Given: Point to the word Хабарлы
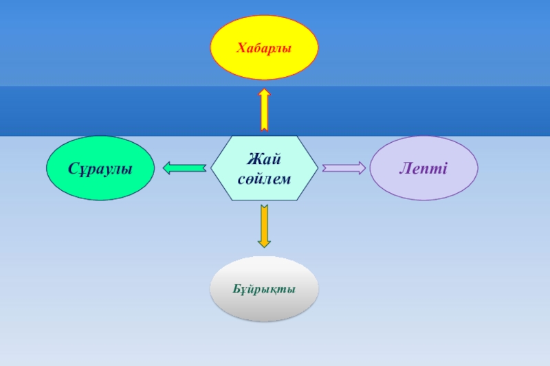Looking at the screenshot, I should tap(264, 48).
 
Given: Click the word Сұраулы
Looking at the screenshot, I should tap(100, 168).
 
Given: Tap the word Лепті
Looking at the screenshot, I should tap(423, 168).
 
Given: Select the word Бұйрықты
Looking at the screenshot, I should tap(264, 289).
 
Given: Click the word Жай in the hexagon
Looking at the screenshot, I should tap(264, 160).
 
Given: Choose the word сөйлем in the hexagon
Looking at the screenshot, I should tap(264, 179).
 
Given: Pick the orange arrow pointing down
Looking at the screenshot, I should tap(264, 223).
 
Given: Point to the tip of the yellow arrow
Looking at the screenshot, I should tap(264, 89).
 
